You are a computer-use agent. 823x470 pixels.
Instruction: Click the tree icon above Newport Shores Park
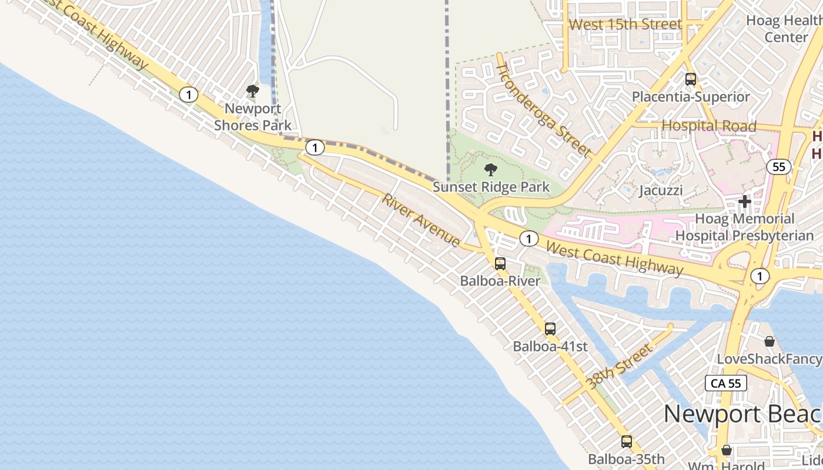click(253, 91)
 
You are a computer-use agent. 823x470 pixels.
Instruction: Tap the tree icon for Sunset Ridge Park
click(490, 170)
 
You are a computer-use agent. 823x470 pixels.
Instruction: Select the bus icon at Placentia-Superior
click(691, 79)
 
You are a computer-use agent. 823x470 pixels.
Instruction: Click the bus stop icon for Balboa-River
click(500, 264)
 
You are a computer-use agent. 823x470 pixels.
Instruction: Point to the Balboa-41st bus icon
click(550, 329)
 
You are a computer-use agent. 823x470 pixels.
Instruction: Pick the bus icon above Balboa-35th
click(627, 442)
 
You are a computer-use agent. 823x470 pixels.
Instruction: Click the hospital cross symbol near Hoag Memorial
click(745, 202)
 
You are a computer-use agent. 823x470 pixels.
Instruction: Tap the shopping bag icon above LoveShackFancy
click(769, 341)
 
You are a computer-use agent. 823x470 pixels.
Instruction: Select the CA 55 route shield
click(726, 384)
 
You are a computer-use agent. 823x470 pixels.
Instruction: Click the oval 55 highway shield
click(779, 167)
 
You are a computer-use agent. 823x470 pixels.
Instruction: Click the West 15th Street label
click(625, 25)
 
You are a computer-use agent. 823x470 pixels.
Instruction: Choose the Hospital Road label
click(709, 126)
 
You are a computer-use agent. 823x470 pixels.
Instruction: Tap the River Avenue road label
click(421, 220)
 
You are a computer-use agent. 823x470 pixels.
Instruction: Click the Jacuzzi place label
click(661, 190)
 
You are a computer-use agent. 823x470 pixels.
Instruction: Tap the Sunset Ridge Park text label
click(491, 187)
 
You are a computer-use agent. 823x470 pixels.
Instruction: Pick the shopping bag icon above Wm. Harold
click(727, 451)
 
